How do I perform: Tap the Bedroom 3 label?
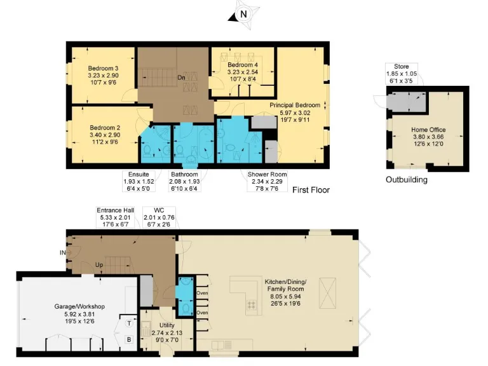click(103, 68)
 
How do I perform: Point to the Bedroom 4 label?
click(243, 65)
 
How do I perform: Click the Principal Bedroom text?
click(295, 104)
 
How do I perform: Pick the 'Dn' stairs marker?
click(181, 78)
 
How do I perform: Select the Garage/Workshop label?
click(80, 306)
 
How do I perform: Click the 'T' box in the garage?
click(128, 323)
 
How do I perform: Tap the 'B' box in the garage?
click(128, 339)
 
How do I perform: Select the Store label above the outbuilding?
click(401, 67)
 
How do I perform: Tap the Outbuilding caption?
click(407, 180)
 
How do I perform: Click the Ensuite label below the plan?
click(136, 174)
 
